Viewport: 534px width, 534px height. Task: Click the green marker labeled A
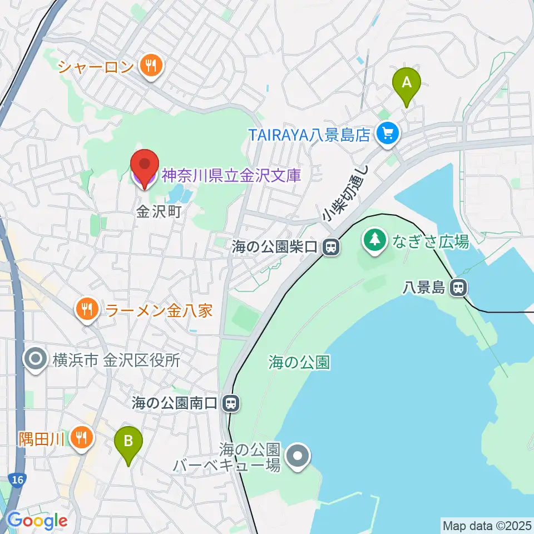[407, 83]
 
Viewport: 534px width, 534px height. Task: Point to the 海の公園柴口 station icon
[331, 246]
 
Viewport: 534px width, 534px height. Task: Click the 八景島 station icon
[459, 288]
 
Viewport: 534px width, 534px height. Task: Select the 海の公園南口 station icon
[230, 403]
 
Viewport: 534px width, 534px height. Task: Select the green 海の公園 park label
[299, 363]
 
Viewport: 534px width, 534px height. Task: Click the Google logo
[37, 521]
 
